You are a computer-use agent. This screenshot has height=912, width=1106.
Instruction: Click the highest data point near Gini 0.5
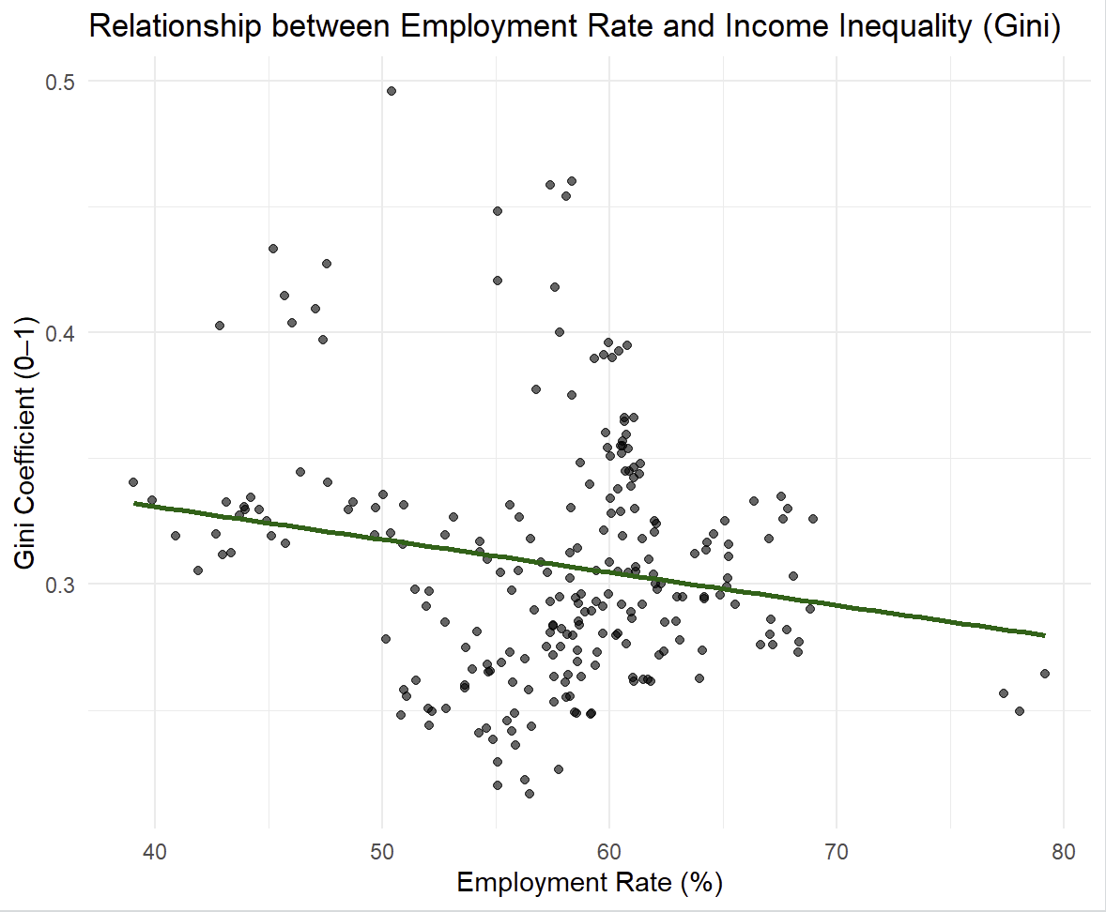pos(392,91)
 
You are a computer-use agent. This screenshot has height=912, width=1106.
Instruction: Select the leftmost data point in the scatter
pos(133,482)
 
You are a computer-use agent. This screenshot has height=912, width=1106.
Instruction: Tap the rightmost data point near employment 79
pos(1044,674)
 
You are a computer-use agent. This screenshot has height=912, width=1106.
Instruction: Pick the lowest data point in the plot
pos(530,793)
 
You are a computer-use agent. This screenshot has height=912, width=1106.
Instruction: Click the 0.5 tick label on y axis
pos(59,82)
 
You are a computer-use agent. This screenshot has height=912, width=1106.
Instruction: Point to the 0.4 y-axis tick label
pos(59,333)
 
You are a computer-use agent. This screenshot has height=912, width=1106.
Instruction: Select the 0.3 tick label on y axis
pos(59,584)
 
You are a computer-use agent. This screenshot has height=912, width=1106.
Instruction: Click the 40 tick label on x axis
pos(155,852)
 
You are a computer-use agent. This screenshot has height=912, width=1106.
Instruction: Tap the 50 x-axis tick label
pos(382,852)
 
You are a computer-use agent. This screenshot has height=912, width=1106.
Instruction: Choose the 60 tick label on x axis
pos(609,852)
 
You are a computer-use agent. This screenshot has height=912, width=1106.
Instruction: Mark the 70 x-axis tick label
pos(836,852)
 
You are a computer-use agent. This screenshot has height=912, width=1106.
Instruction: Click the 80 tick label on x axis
pos(1063,852)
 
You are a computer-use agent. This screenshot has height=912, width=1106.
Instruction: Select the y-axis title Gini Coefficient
pos(28,447)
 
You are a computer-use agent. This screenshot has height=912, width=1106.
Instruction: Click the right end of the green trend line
pos(1044,635)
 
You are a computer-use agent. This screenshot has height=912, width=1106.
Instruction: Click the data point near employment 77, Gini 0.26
pos(1004,693)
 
